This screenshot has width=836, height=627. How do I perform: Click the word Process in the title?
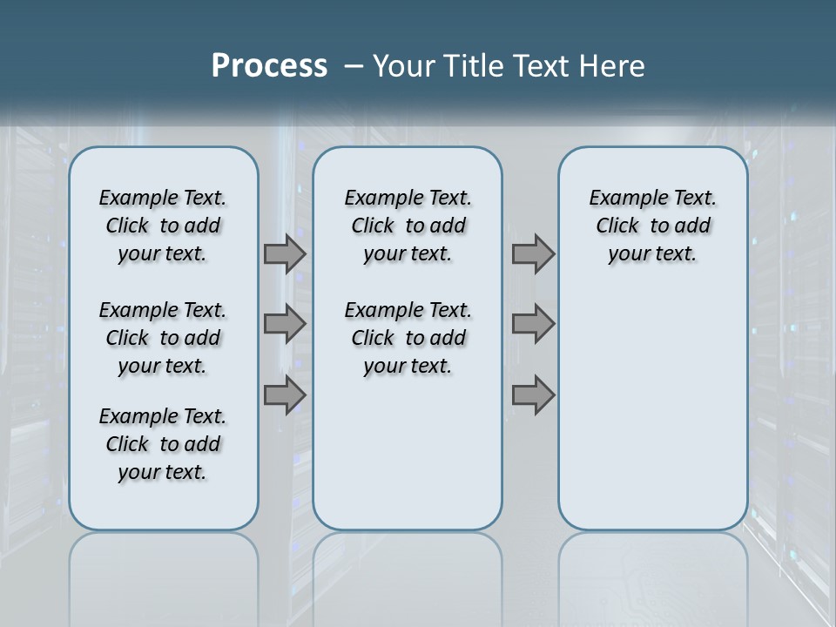coord(269,65)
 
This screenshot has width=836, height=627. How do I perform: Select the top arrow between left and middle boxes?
coord(285,254)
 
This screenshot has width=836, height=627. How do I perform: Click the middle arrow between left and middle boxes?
coord(285,324)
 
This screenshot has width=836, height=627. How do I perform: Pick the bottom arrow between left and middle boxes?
coord(285,395)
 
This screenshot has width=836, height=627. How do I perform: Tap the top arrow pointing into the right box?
coord(533,254)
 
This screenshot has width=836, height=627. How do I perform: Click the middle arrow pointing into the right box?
coord(533,324)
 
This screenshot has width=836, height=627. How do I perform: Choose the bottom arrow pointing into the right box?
coord(533,395)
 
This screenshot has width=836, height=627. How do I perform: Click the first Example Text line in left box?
coord(163,198)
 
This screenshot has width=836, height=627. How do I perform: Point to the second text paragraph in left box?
coord(163,338)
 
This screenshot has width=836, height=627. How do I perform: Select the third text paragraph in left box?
coord(163,444)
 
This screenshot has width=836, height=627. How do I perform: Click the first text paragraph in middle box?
coord(408,226)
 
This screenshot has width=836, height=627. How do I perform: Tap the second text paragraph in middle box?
coord(408,338)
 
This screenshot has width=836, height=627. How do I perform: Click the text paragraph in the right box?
coord(652,226)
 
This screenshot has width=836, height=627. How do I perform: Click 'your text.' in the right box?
coord(652,253)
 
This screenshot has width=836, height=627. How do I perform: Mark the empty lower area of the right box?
coord(652,418)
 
